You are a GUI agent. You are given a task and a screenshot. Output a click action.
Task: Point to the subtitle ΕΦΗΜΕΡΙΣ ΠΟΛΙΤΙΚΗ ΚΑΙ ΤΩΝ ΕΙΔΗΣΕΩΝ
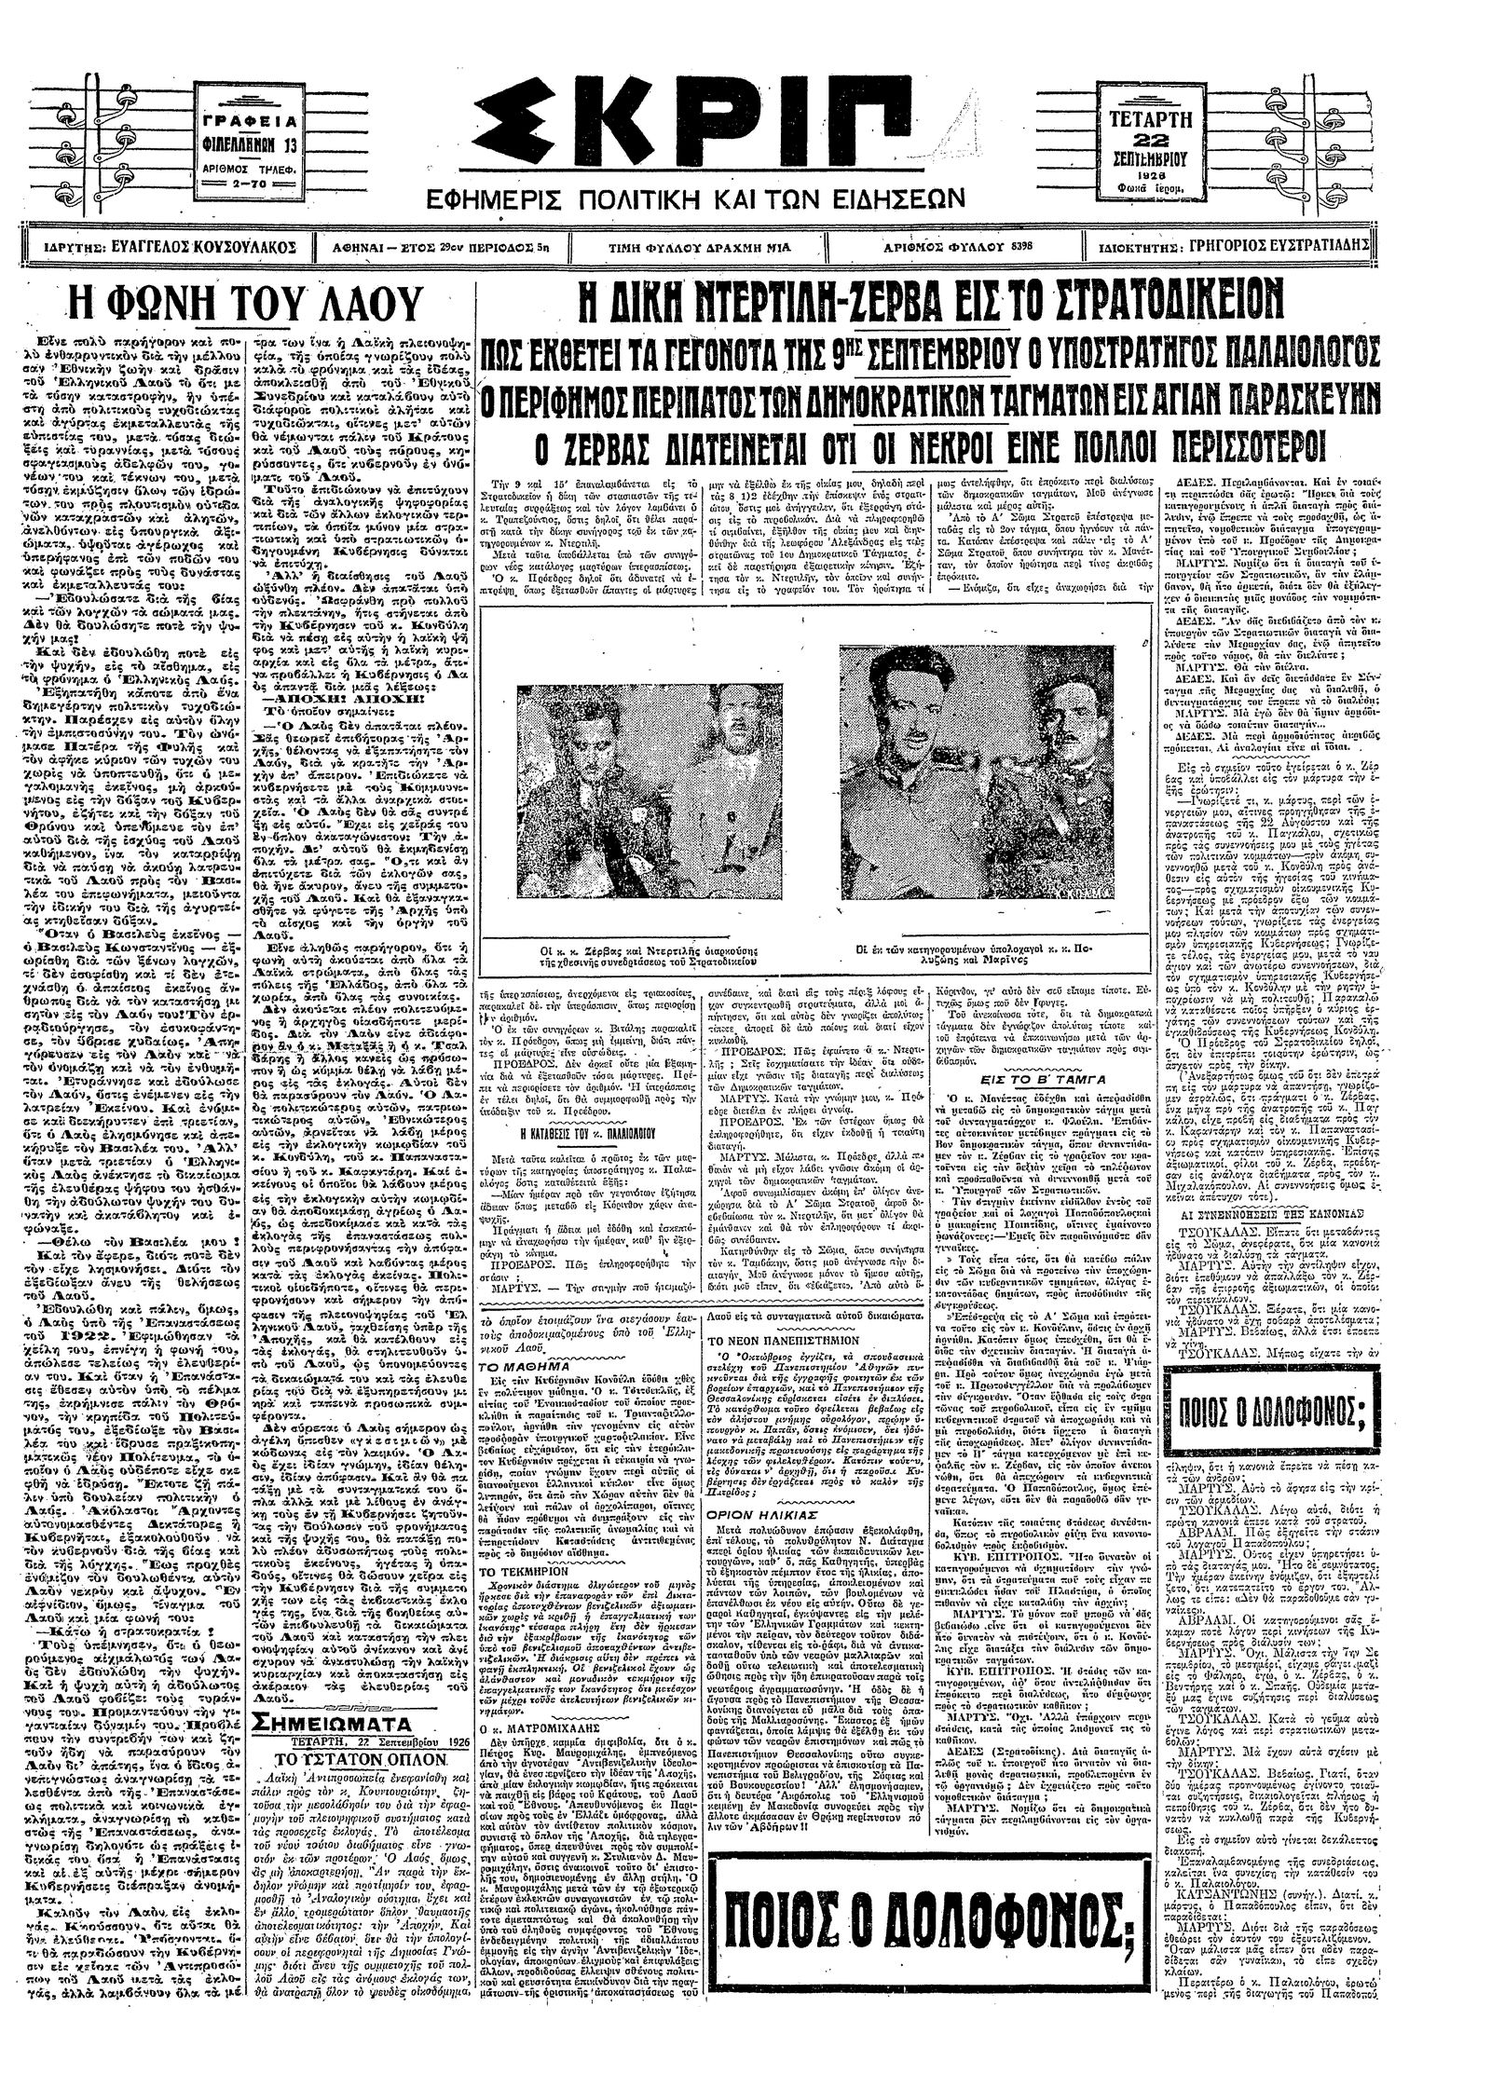[x=693, y=200]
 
